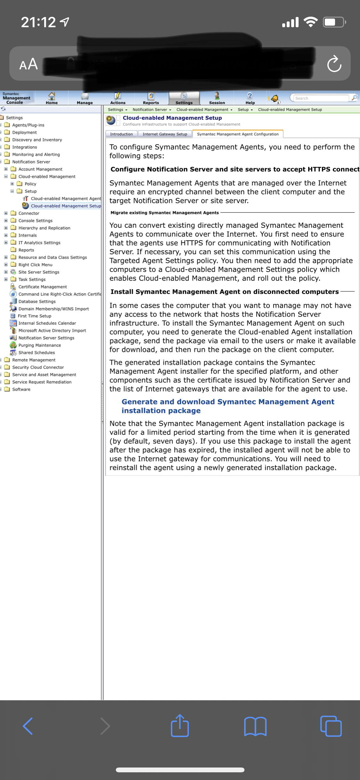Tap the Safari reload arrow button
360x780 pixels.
[334, 64]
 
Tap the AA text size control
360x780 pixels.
[28, 64]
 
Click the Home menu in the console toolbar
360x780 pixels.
[52, 98]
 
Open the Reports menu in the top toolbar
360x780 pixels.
[151, 98]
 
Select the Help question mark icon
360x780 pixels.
[250, 98]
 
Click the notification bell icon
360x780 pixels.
[275, 98]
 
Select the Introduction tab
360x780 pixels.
[121, 134]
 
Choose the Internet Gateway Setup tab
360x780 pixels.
[165, 134]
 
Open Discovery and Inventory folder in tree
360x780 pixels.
[37, 140]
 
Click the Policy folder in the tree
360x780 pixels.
[30, 184]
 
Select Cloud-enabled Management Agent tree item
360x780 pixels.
[66, 199]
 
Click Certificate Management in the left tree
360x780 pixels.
[43, 287]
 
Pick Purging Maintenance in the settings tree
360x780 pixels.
[39, 345]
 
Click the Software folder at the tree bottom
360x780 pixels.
[21, 389]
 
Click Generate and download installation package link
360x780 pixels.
[228, 406]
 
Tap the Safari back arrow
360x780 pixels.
[28, 726]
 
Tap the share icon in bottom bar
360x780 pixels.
[180, 726]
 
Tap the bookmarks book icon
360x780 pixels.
[255, 726]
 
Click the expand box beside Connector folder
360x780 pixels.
[6, 213]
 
